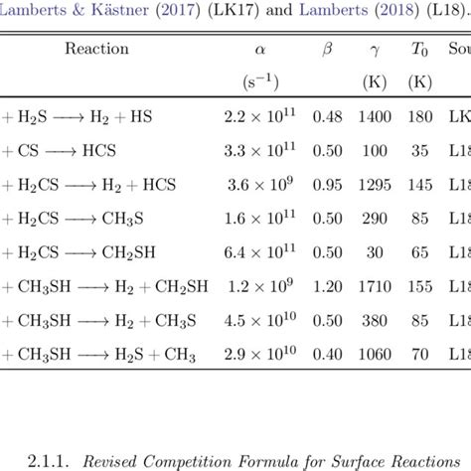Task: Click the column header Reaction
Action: coord(96,49)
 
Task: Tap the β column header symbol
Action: coord(328,49)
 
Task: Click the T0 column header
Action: coord(420,49)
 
